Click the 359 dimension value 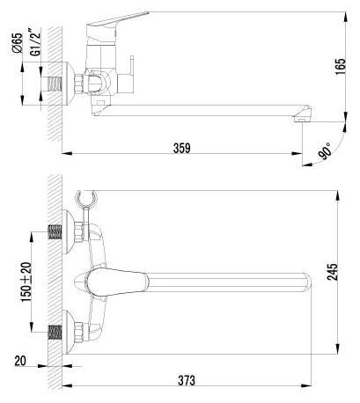(x=182, y=148)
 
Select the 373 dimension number (x=187, y=380)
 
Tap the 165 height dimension (x=341, y=67)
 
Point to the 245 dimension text (x=333, y=272)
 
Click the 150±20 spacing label (x=26, y=282)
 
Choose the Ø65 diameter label (x=18, y=43)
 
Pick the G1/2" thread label (x=35, y=41)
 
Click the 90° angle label (x=325, y=150)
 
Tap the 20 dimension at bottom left (x=20, y=361)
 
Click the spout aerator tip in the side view (x=302, y=119)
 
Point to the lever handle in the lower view (x=116, y=282)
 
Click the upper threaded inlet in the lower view (x=55, y=231)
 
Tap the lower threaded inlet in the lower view (x=55, y=332)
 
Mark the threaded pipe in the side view (x=55, y=84)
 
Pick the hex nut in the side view (x=79, y=84)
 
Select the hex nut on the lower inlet (x=78, y=333)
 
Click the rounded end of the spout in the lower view (x=306, y=282)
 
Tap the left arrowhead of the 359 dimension (x=67, y=153)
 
